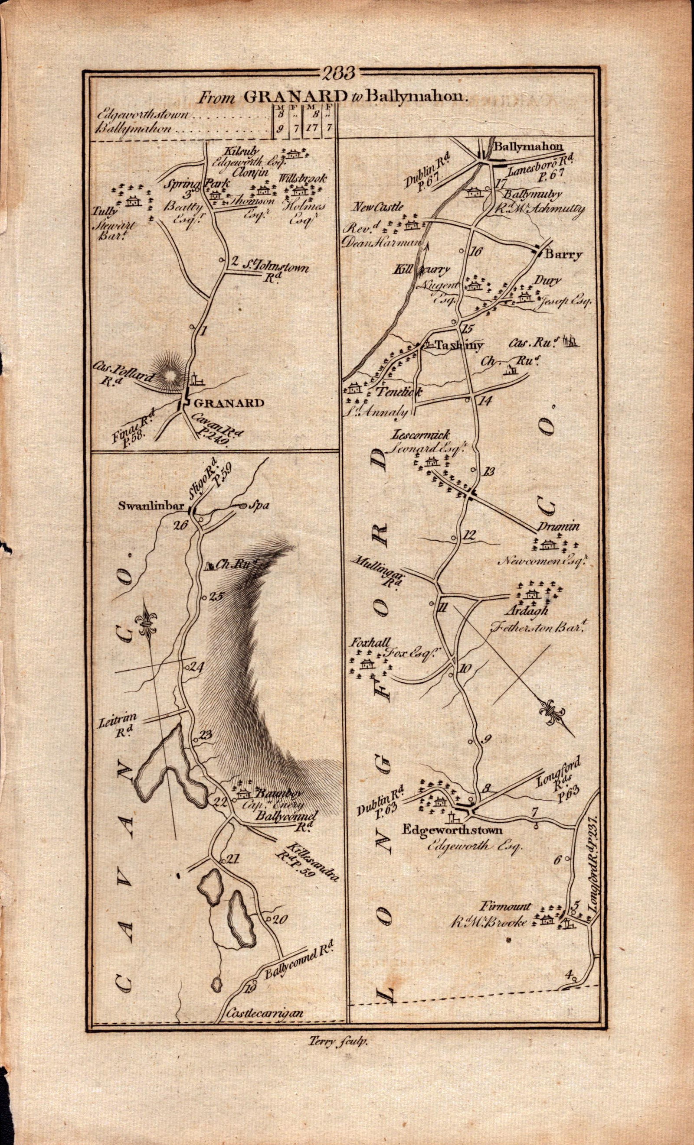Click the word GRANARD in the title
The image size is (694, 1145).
(295, 97)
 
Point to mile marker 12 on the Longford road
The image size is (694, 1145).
(471, 535)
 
